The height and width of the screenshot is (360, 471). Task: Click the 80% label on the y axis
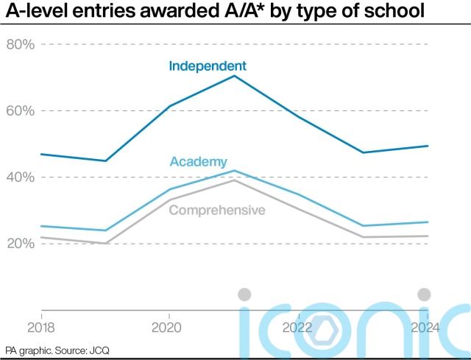coord(21,44)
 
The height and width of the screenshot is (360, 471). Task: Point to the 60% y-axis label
coord(21,111)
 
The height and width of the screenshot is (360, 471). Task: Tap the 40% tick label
coord(21,177)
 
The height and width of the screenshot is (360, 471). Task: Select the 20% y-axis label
coord(21,244)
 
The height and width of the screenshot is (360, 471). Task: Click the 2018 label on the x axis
coord(41,328)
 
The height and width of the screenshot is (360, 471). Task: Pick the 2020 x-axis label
coord(166,328)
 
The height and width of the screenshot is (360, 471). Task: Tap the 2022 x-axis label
coord(297,328)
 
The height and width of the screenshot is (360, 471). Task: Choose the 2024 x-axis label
coord(425,328)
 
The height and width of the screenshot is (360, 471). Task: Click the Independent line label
coord(208,66)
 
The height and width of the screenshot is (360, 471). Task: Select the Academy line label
coord(199,162)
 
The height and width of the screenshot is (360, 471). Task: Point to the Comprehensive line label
coord(217,210)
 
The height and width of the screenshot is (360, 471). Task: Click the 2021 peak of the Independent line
coord(234,75)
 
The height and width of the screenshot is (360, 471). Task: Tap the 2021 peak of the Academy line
coord(234,170)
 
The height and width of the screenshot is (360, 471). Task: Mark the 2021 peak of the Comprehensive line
coord(234,180)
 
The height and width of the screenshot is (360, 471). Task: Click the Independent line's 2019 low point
coord(105,160)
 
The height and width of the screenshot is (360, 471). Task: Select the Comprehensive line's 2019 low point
coord(105,243)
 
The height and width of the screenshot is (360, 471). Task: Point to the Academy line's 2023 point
coord(363,226)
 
